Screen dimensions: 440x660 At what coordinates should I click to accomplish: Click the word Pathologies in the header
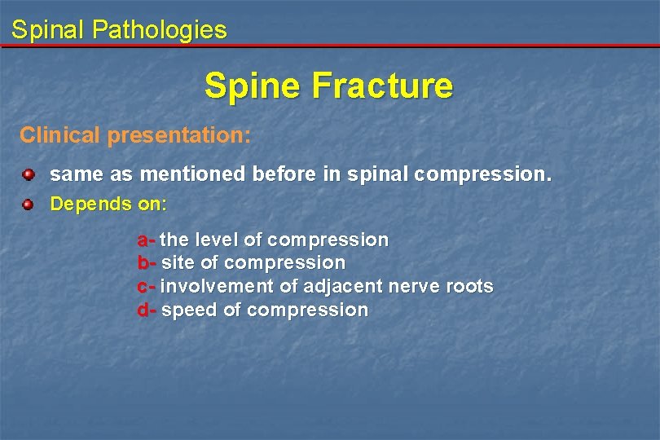(160, 31)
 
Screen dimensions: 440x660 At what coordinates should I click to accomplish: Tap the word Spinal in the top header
(48, 31)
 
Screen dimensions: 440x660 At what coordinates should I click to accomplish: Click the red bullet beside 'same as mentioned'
(29, 174)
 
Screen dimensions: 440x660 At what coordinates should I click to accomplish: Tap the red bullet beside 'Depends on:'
(29, 203)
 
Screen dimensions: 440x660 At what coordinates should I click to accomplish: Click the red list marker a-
(146, 240)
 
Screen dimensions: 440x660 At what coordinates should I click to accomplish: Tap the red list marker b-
(147, 263)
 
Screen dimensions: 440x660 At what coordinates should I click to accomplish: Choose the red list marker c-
(146, 287)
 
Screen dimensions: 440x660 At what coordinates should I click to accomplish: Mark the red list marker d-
(147, 310)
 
